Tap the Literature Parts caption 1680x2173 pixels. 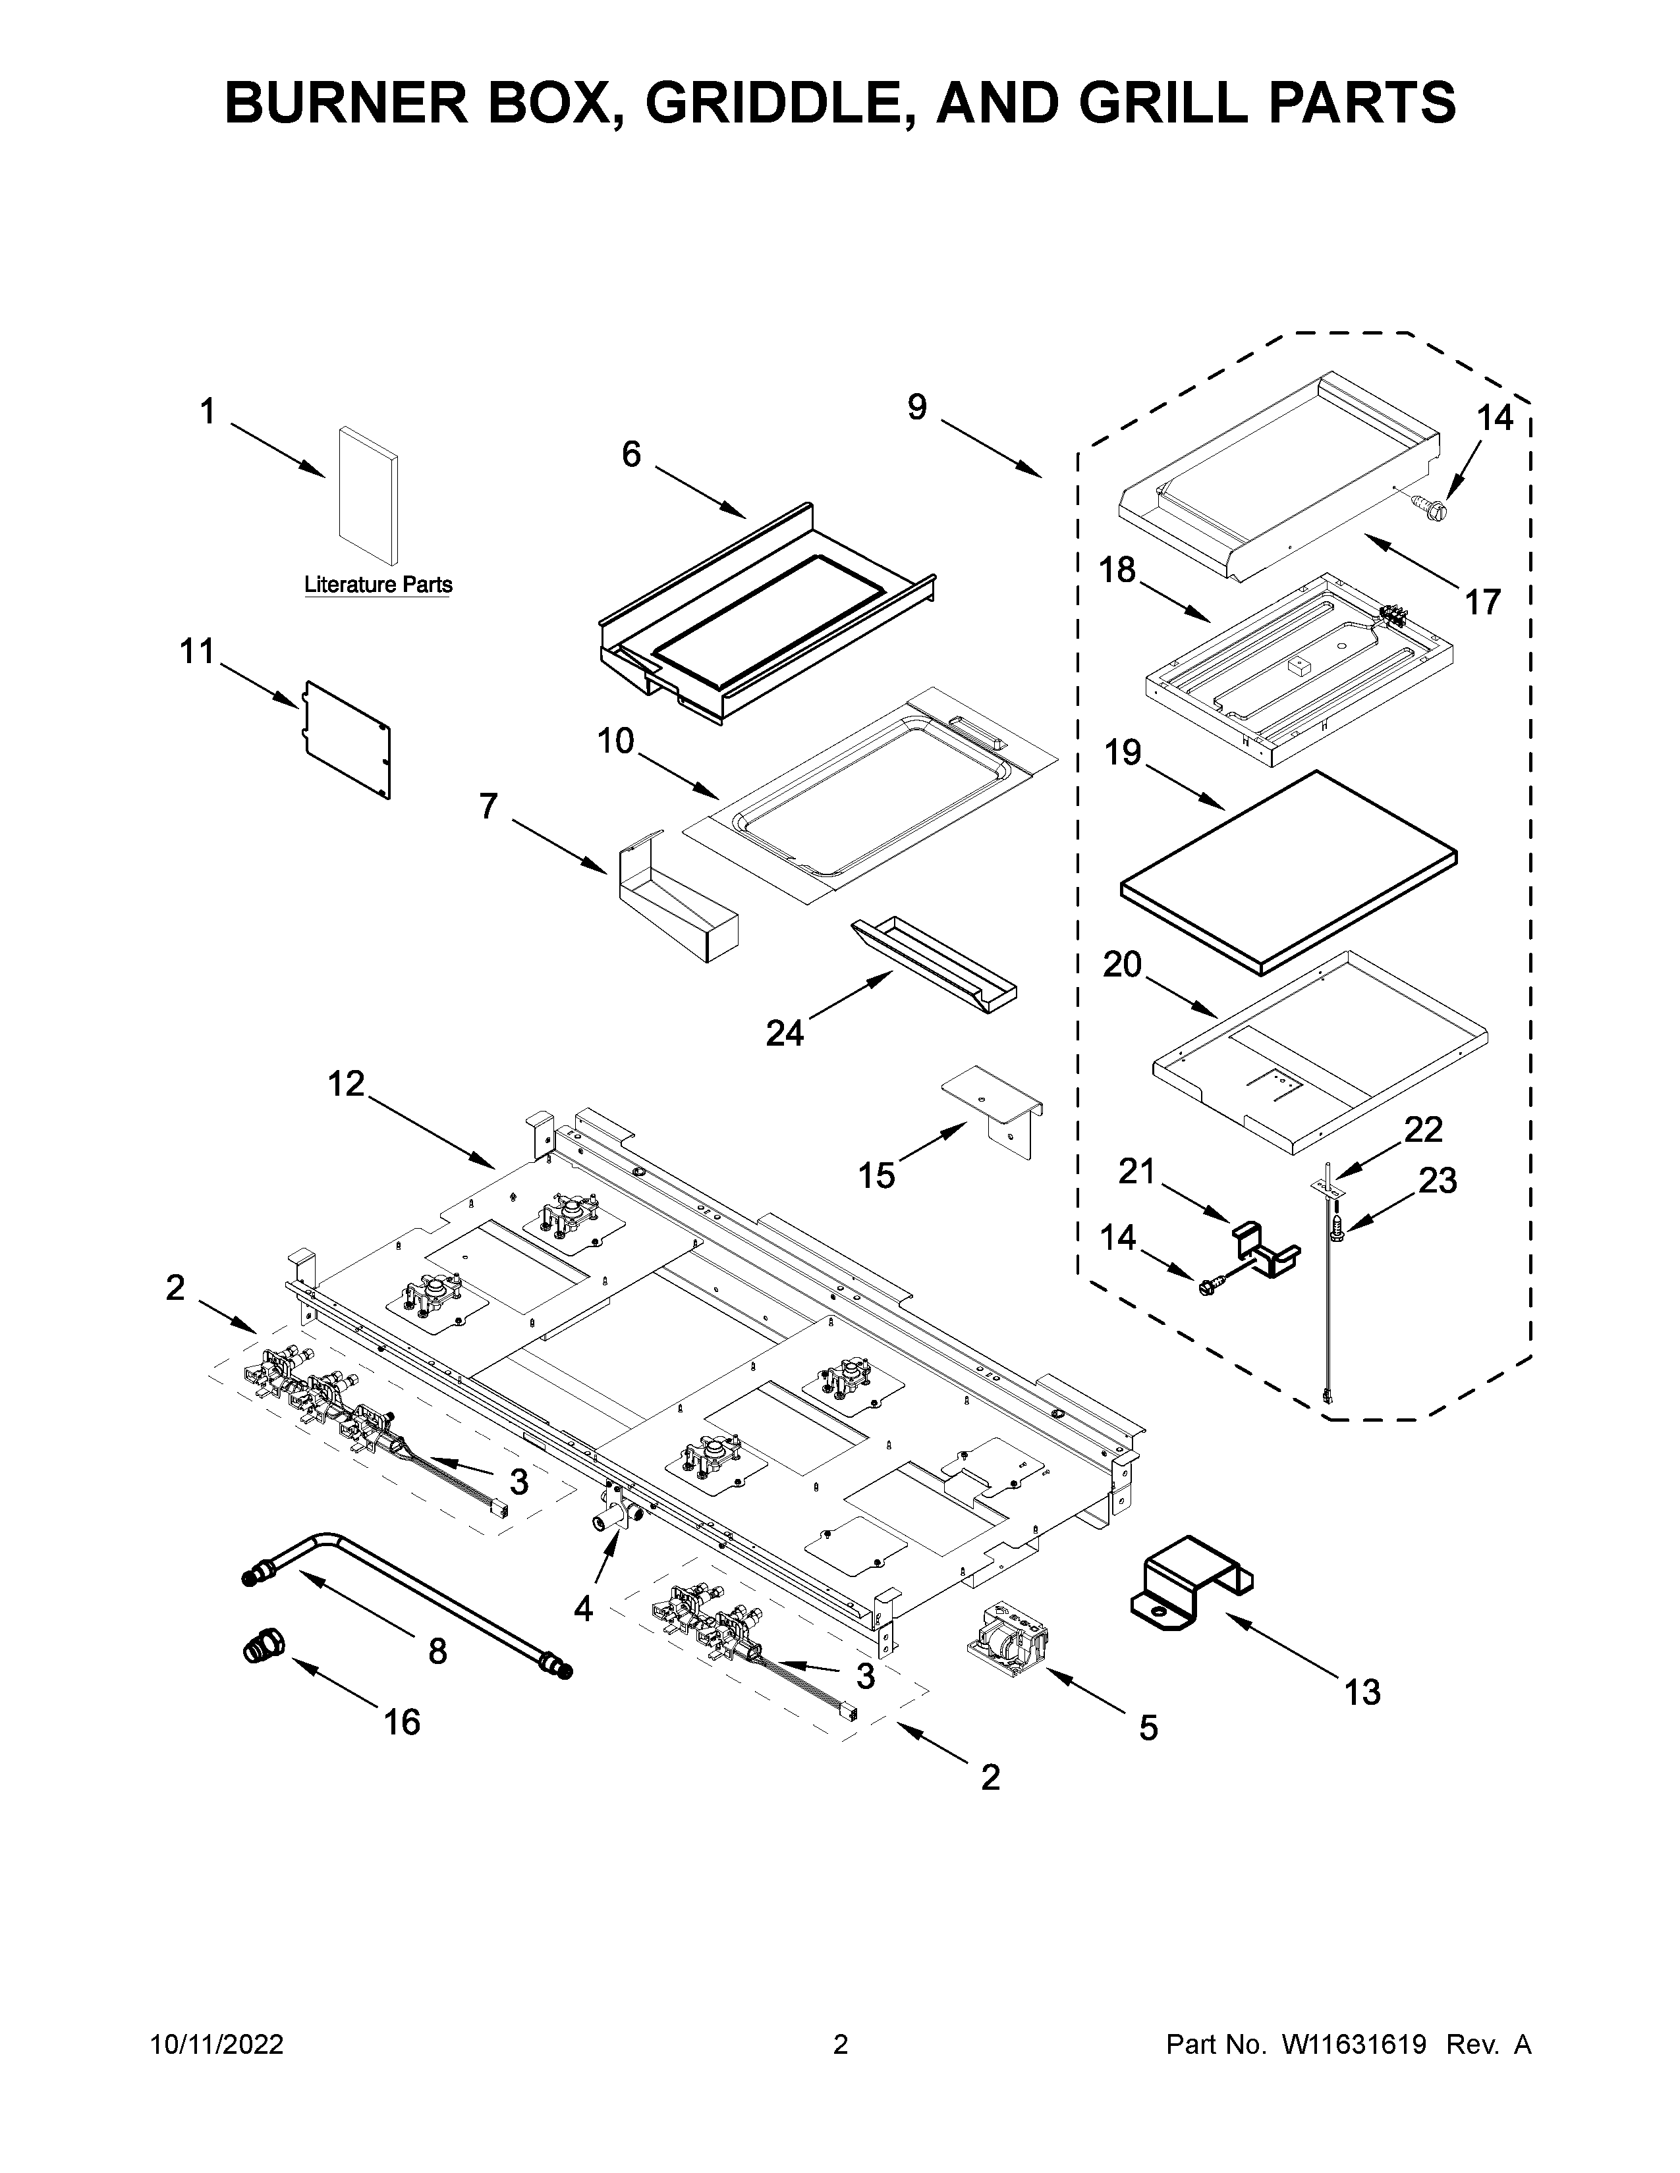[x=378, y=585]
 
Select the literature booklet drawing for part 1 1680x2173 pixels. [x=368, y=495]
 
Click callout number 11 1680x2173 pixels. [x=196, y=653]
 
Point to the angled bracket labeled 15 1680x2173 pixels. [x=994, y=1106]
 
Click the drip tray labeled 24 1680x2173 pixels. [x=935, y=963]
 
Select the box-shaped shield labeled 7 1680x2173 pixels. [x=677, y=900]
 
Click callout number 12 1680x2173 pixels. [x=347, y=1083]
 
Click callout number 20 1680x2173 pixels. [x=1122, y=964]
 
